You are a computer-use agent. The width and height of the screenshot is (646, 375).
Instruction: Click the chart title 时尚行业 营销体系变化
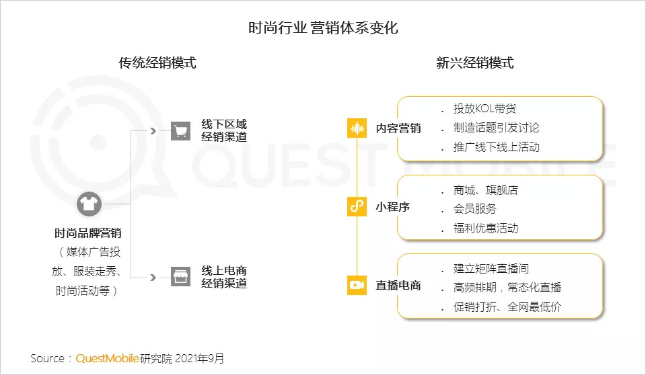(323, 29)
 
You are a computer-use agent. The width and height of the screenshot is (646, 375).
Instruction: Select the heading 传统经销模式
(157, 64)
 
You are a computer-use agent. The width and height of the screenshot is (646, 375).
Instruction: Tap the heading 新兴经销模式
(474, 64)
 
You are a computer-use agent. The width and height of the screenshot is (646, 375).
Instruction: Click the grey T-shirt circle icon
(89, 204)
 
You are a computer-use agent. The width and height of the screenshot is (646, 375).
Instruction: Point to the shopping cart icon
(180, 130)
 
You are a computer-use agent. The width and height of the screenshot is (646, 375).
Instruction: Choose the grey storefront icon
(180, 276)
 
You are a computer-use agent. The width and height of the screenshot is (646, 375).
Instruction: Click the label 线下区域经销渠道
(224, 130)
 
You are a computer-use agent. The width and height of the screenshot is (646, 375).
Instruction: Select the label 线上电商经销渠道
(224, 276)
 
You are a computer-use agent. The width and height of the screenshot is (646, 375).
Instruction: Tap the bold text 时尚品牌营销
(88, 234)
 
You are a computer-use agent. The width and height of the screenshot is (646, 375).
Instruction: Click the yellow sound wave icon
(357, 128)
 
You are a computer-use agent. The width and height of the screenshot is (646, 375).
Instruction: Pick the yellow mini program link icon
(357, 207)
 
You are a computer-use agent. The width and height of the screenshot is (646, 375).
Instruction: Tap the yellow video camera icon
(357, 285)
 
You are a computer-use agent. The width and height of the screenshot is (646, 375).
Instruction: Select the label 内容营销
(398, 128)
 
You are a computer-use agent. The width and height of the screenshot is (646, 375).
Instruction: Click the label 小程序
(393, 207)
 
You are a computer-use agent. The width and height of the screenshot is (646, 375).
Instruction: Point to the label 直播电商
(398, 286)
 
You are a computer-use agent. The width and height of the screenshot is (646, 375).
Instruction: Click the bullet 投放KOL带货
(485, 109)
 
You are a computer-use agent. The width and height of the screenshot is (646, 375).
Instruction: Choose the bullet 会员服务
(475, 209)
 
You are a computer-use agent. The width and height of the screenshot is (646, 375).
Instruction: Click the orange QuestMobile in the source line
(107, 358)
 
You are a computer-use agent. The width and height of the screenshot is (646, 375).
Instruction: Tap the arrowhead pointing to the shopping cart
(153, 130)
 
